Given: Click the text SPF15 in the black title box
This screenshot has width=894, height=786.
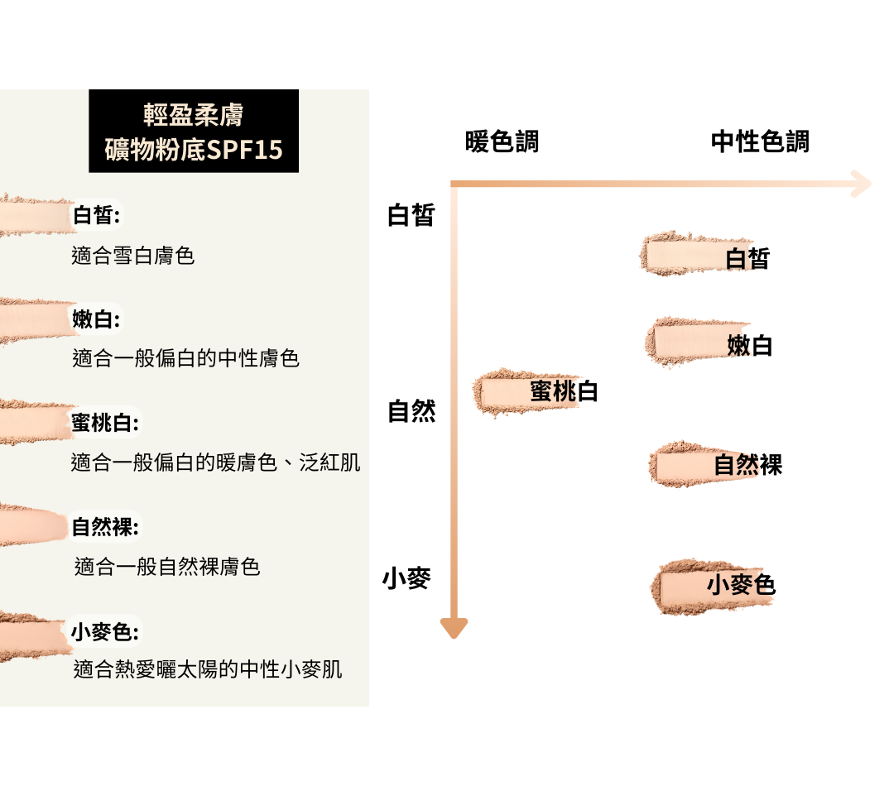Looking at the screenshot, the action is coord(246,150).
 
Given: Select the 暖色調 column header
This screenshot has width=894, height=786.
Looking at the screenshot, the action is coord(502,141).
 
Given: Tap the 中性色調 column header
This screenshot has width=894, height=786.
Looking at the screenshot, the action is coord(759,141).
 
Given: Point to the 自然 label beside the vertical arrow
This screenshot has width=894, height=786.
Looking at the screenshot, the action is coord(411,411).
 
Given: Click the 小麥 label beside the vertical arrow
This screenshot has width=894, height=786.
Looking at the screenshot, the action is coord(406,578).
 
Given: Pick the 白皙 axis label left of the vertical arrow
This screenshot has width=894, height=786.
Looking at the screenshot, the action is coord(411,216).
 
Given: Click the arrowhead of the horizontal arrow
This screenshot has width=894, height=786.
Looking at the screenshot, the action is coord(861,184).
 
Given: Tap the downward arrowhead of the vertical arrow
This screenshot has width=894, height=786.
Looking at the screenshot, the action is coord(454,628).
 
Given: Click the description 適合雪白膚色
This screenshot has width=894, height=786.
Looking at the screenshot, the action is coord(133,256).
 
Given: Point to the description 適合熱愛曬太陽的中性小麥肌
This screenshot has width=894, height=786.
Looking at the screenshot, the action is coord(208,669).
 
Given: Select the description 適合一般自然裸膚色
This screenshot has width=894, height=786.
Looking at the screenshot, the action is coord(167,567).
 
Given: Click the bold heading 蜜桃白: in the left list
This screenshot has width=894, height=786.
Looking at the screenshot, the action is coord(105,423).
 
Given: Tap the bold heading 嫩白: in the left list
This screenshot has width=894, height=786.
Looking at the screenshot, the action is coord(96,319).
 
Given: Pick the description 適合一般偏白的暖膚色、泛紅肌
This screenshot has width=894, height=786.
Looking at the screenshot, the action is coord(216,462).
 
